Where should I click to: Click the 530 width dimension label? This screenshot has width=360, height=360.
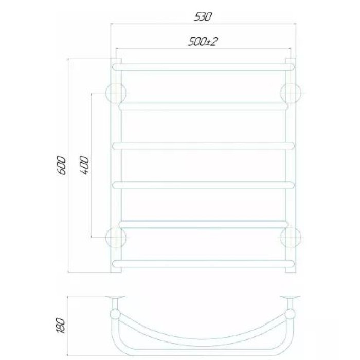click(203, 17)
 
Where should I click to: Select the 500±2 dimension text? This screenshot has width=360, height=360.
click(203, 42)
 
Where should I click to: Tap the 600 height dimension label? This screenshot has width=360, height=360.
click(62, 165)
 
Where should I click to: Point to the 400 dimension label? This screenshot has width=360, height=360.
click(84, 165)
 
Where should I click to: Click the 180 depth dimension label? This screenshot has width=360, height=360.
click(61, 325)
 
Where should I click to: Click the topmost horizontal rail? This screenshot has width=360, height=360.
click(203, 67)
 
